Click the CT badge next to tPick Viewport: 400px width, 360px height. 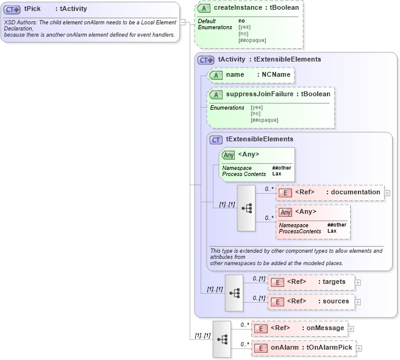coord(12,10)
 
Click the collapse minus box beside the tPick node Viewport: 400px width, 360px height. coord(182,22)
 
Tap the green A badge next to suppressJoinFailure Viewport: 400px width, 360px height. coord(216,94)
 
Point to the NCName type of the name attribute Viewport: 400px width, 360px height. coord(275,74)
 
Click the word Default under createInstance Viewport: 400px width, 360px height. coord(207,21)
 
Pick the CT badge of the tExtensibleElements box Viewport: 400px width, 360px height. coord(216,139)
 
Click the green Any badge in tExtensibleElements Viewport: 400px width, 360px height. coord(228,155)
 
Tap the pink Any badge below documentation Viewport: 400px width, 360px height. coord(285,212)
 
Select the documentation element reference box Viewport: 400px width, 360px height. coord(329,192)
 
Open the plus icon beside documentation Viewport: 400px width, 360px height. coord(387,193)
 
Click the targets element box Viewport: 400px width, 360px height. coord(311,282)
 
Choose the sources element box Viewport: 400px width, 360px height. coord(311,302)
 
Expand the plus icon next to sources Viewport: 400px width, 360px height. coord(358,302)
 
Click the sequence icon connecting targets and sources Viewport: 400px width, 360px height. coord(234,292)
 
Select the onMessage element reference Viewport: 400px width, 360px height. coord(299,328)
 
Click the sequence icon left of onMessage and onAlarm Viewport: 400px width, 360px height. coord(222,339)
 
